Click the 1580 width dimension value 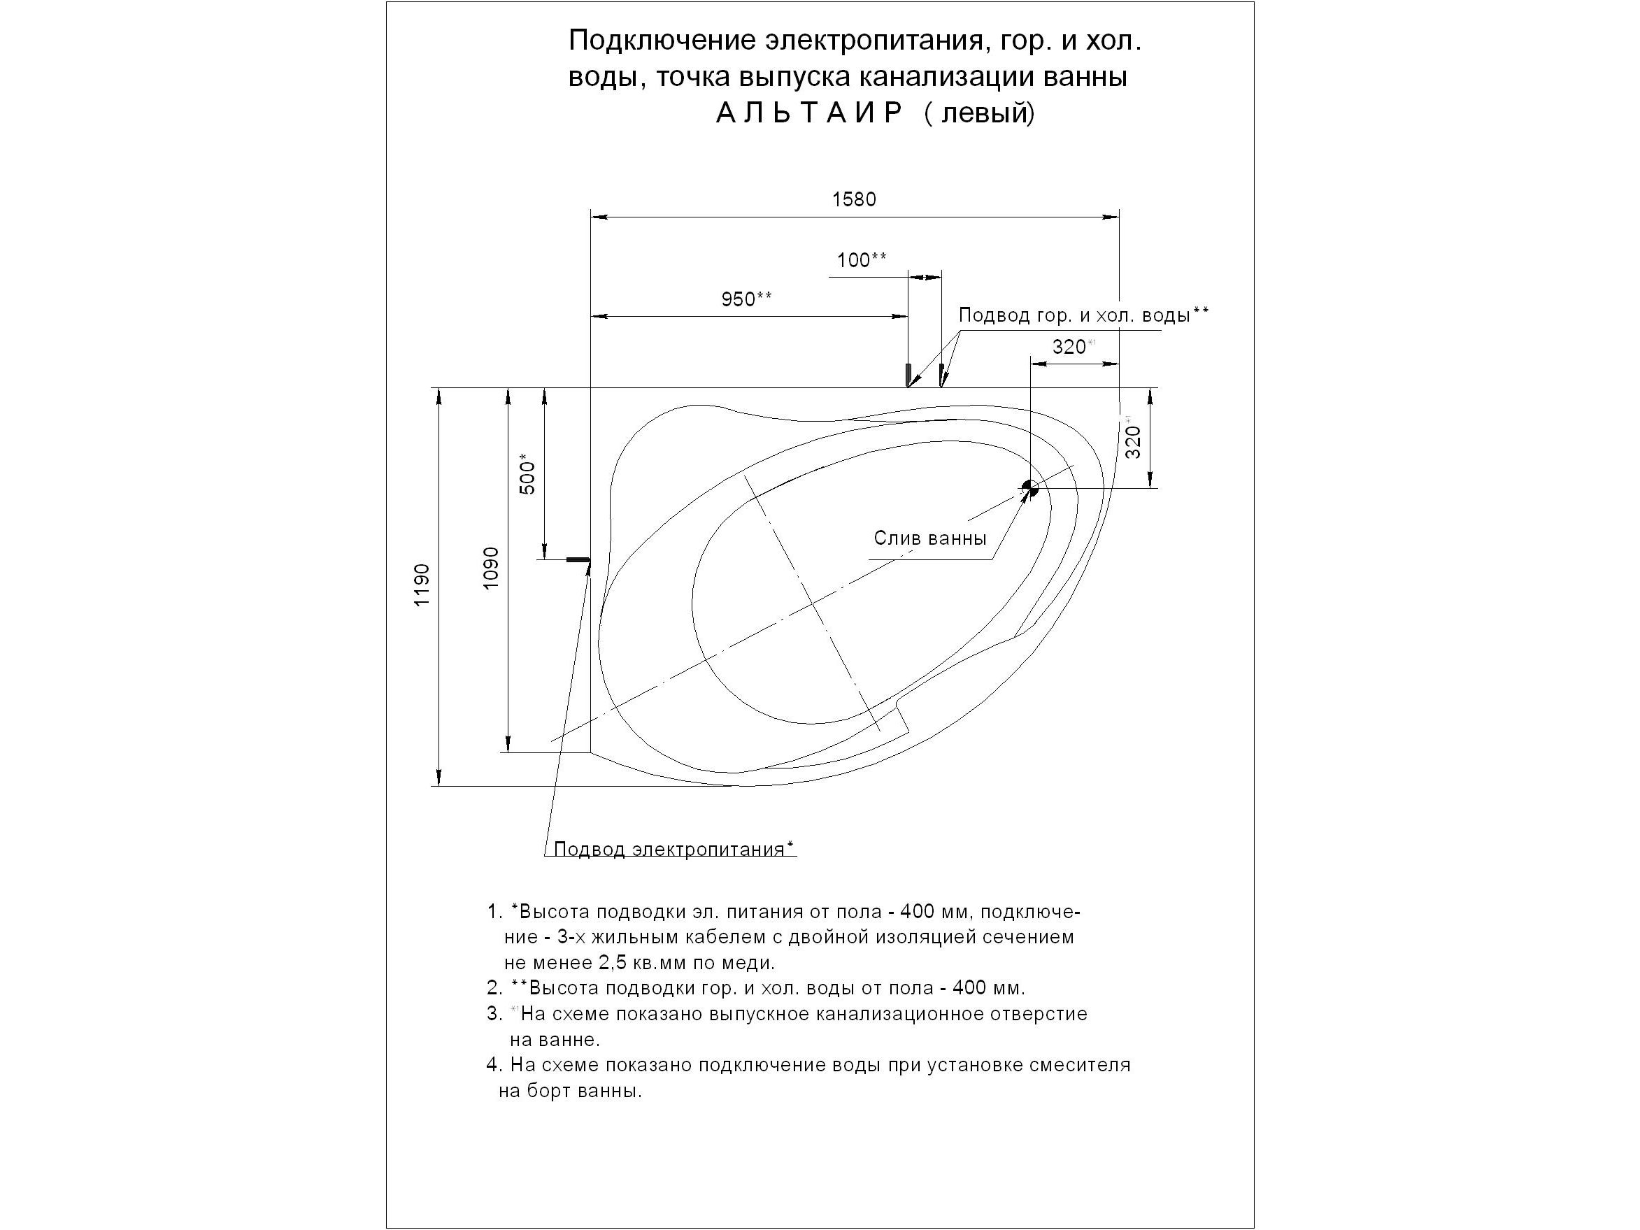tap(854, 199)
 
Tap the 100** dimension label tap(862, 260)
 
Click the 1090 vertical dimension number tap(491, 568)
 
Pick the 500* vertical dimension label tap(527, 474)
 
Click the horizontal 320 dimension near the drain tap(1069, 347)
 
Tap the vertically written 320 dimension tap(1133, 442)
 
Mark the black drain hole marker tap(1030, 488)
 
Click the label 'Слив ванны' tap(929, 538)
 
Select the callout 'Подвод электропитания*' tap(674, 850)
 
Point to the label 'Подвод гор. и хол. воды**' tap(1083, 315)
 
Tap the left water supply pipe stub tap(908, 374)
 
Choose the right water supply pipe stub tap(941, 374)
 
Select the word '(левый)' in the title tap(979, 113)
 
